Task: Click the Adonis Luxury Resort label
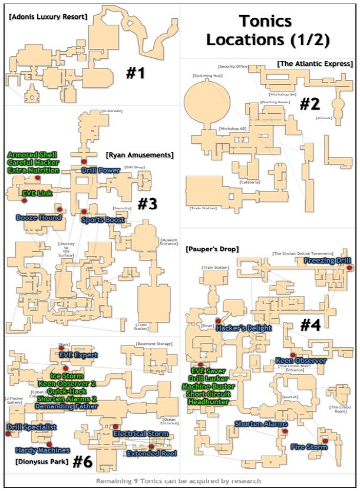point(48,17)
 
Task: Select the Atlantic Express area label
point(315,64)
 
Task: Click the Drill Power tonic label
point(101,170)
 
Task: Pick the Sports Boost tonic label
point(103,220)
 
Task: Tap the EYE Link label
point(38,193)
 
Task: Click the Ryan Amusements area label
point(140,156)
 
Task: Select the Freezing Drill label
point(328,261)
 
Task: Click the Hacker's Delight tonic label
point(243,328)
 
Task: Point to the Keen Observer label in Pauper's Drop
point(300,361)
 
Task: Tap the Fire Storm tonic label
point(309,447)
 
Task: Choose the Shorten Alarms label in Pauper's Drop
point(261,424)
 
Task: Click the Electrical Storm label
point(141,434)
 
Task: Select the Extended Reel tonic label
point(152,453)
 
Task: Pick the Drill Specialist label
point(32,427)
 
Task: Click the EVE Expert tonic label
point(78,355)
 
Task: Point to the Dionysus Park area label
point(38,461)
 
